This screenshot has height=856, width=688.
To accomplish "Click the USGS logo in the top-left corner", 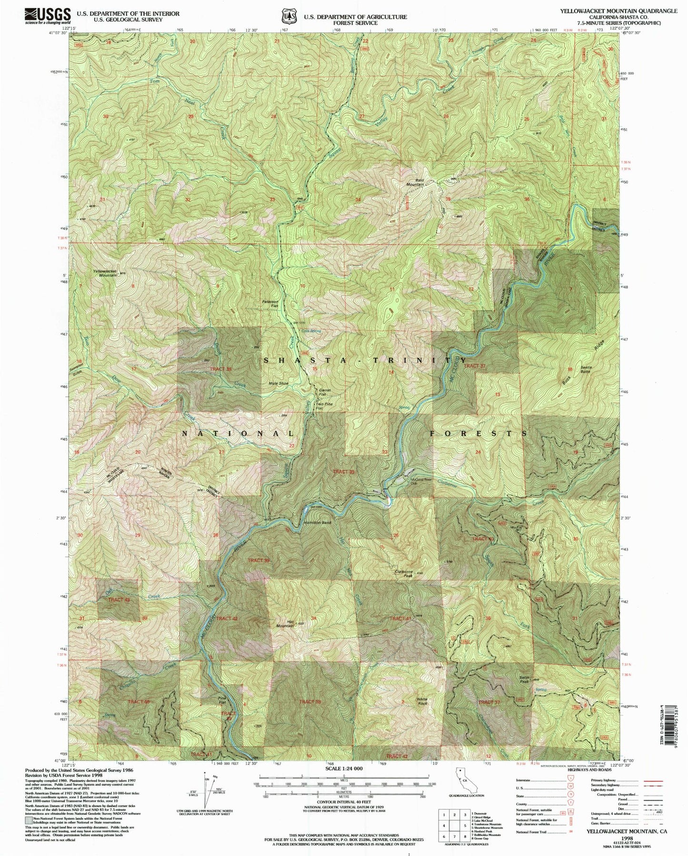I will [48, 16].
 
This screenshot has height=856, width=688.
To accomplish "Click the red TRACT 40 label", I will [482, 538].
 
